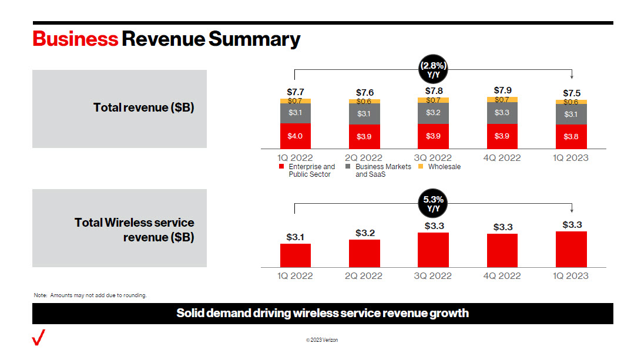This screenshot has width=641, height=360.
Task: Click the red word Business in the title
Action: coord(75,39)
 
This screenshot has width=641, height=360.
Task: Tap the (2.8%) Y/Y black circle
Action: coord(433,69)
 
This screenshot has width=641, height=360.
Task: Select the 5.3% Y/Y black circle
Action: coord(433,204)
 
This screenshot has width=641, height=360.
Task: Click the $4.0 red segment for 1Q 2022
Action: coord(296,136)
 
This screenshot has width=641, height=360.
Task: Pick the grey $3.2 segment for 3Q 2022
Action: coord(433,113)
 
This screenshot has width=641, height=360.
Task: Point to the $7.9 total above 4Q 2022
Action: coord(502,90)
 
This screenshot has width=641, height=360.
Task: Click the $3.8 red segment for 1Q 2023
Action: coord(571,136)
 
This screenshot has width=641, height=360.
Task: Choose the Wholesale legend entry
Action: coord(440,167)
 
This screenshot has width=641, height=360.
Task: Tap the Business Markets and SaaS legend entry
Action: coord(378,170)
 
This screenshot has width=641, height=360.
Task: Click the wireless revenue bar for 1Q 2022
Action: coord(296,255)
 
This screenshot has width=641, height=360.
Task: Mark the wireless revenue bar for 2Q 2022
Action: coord(364,253)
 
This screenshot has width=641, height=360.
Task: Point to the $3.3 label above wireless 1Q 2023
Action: coord(572,224)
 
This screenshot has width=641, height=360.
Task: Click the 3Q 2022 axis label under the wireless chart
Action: coord(433,275)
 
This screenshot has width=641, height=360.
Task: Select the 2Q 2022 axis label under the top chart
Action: coord(364,157)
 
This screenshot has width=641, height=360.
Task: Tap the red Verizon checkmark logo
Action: coord(39,338)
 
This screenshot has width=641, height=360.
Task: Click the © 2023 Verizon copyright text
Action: coord(322,340)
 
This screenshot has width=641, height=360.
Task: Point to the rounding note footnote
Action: coord(90,295)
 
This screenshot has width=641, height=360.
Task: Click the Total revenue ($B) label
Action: coord(143,107)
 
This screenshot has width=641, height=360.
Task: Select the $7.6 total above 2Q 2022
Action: coord(365,93)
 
